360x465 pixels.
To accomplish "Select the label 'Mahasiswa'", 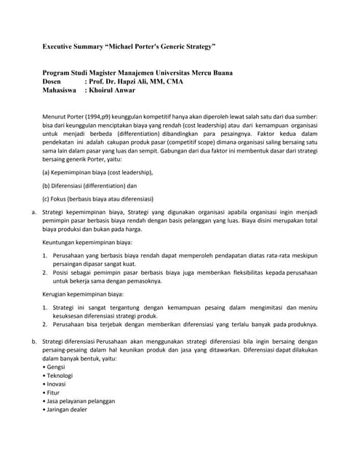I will click(61, 92).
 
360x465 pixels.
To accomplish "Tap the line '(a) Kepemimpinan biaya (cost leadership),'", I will click(97, 172).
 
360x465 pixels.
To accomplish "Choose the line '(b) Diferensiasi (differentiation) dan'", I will click(89, 185).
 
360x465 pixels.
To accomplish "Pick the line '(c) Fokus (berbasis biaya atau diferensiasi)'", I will click(97, 198).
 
